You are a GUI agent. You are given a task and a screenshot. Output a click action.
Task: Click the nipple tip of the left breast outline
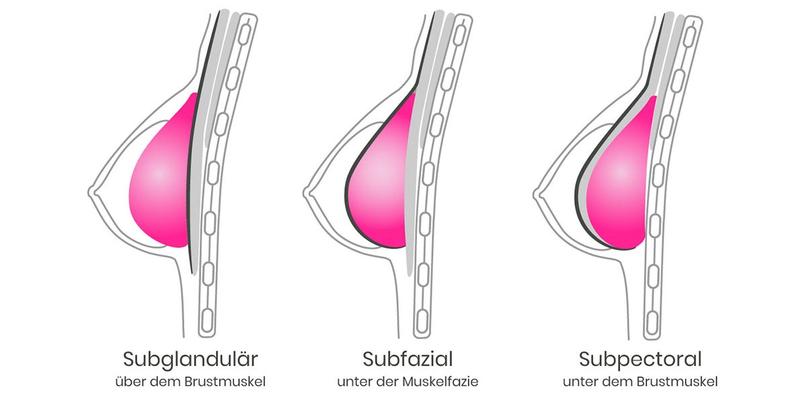(89, 193)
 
